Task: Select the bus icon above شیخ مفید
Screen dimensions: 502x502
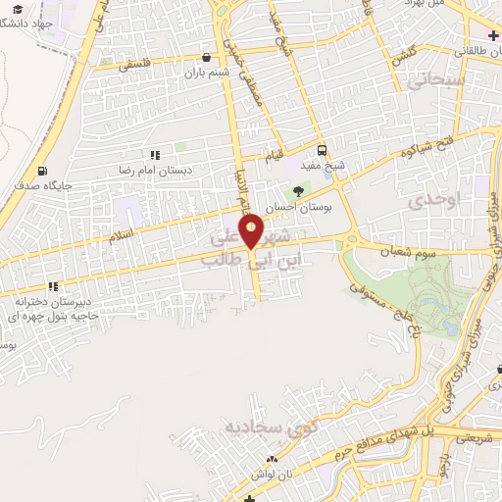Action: click(x=322, y=149)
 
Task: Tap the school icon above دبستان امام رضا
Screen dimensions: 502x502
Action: click(x=155, y=155)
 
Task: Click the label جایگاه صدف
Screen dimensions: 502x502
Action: click(x=40, y=183)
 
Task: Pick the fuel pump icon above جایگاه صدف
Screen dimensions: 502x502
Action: click(x=42, y=169)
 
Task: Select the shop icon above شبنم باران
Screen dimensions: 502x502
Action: click(x=206, y=58)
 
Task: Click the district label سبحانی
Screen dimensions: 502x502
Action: click(x=436, y=84)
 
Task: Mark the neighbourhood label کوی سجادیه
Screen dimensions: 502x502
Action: click(x=239, y=428)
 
